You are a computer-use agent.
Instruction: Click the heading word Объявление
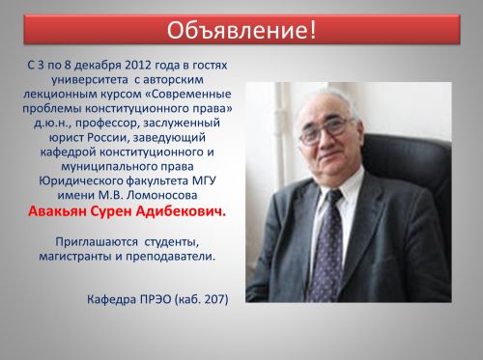(x=238, y=31)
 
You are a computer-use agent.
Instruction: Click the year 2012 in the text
(x=138, y=65)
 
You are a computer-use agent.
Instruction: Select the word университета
(x=91, y=80)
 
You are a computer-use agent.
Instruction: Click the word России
(x=108, y=138)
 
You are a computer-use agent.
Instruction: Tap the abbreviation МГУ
(x=204, y=180)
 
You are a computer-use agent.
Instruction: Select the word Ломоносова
(x=162, y=195)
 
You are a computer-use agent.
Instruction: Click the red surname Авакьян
(x=57, y=211)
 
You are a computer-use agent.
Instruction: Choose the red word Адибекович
(x=181, y=211)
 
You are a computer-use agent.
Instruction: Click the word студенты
(x=172, y=242)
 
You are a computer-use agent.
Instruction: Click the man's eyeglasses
(x=325, y=131)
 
